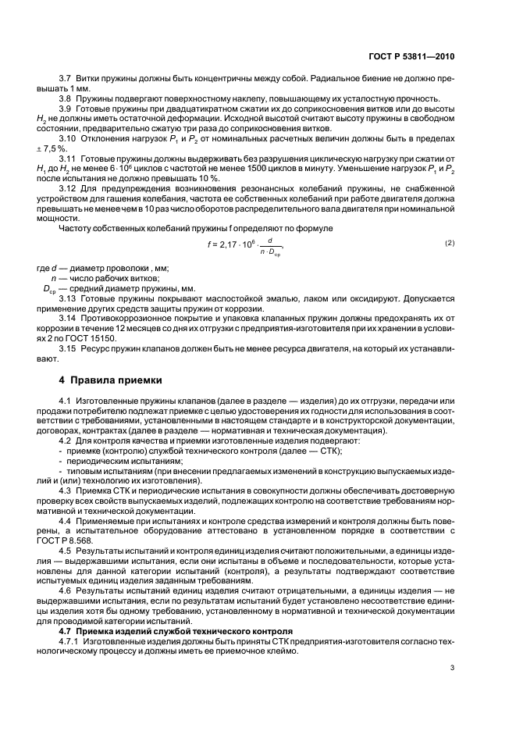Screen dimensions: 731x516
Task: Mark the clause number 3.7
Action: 66,78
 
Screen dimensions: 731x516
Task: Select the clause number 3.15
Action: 69,351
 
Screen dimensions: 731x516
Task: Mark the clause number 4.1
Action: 66,400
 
